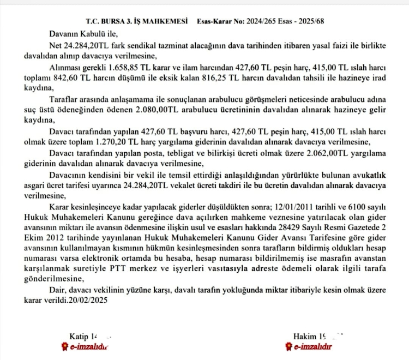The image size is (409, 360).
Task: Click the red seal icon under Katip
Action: pyautogui.click(x=64, y=346)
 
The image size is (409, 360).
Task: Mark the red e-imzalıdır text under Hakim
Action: pyautogui.click(x=312, y=346)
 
